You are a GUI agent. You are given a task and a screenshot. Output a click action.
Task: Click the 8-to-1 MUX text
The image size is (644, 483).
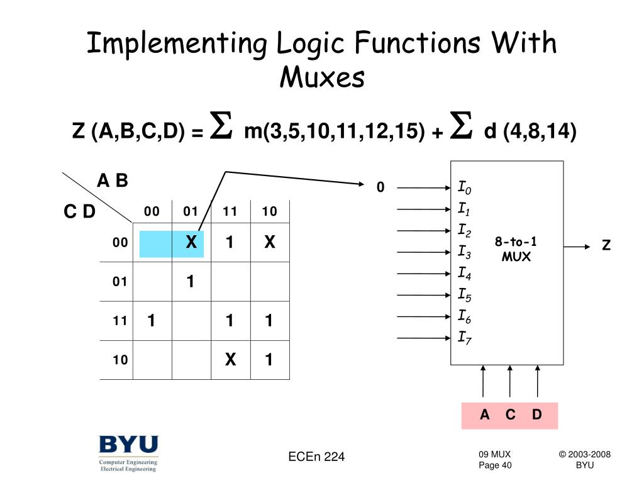pyautogui.click(x=516, y=250)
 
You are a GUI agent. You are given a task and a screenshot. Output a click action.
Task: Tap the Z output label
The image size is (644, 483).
pyautogui.click(x=606, y=246)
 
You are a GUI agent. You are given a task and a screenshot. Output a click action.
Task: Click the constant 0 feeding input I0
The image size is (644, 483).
pyautogui.click(x=380, y=187)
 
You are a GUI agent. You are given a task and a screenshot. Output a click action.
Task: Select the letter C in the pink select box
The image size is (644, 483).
pyautogui.click(x=510, y=415)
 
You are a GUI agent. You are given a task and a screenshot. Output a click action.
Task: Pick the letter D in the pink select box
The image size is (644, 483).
pyautogui.click(x=536, y=415)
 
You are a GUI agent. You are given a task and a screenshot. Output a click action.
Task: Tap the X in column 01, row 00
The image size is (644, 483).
pyautogui.click(x=191, y=242)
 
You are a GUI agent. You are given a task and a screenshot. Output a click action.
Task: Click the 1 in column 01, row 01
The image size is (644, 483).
pyautogui.click(x=191, y=282)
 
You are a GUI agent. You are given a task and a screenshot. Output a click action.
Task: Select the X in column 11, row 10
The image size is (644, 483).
pyautogui.click(x=230, y=360)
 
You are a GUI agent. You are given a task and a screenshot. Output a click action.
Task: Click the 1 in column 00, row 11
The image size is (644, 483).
pyautogui.click(x=151, y=321)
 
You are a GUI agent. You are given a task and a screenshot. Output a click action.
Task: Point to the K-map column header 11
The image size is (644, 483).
pyautogui.click(x=230, y=211)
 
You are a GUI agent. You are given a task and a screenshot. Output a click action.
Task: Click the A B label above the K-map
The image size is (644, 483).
pyautogui.click(x=112, y=181)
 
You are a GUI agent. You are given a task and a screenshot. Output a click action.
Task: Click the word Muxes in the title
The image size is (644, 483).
pyautogui.click(x=321, y=78)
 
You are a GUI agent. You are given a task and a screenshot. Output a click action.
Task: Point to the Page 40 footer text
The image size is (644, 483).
pyautogui.click(x=495, y=465)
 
